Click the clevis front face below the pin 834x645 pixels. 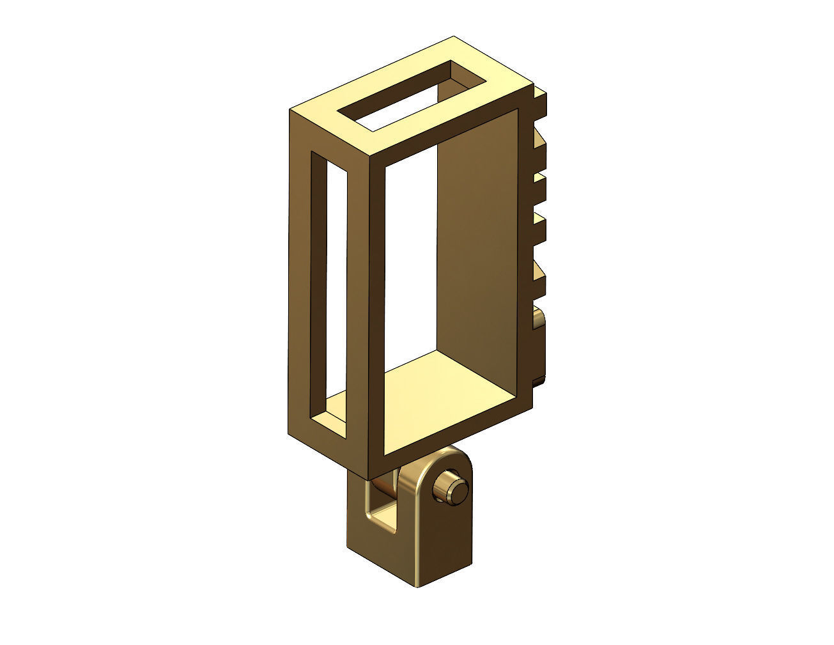(x=441, y=543)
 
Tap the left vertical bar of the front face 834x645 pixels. (x=377, y=307)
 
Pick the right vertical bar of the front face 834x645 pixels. (x=525, y=256)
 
